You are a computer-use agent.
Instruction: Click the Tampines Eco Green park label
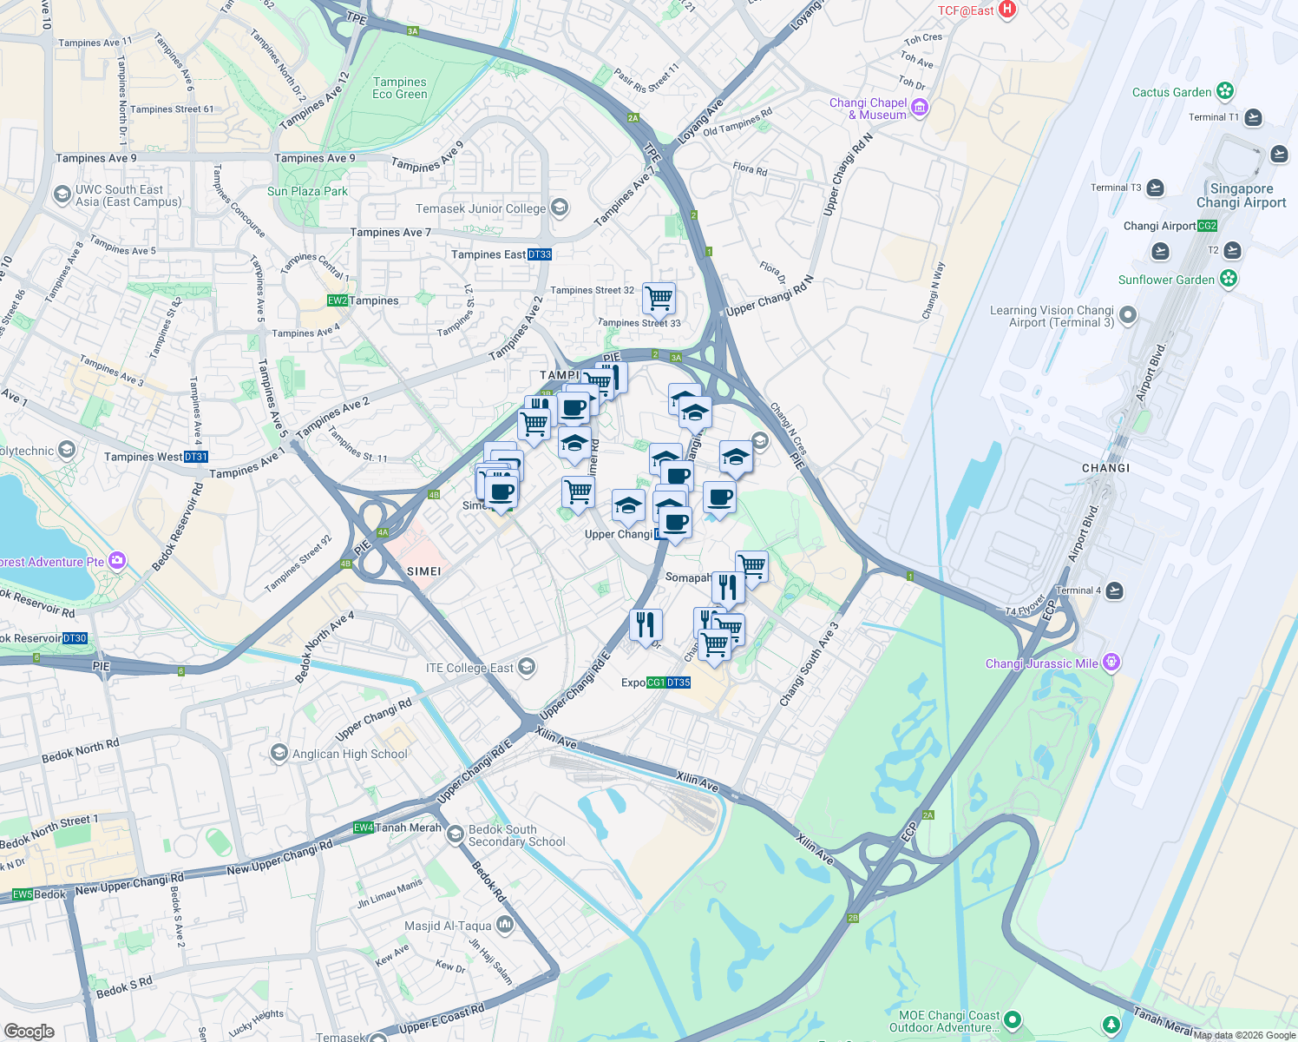pos(399,88)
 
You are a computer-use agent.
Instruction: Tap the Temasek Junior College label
pos(481,208)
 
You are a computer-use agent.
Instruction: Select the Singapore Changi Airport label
pos(1241,195)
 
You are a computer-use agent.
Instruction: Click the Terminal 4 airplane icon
pos(1114,590)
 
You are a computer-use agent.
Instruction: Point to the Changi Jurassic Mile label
pos(1041,663)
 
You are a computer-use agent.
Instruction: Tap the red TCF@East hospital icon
pos(1006,10)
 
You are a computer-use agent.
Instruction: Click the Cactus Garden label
pos(1171,92)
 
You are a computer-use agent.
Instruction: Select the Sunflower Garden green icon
pos(1228,279)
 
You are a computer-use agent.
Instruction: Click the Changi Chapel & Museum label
pos(868,109)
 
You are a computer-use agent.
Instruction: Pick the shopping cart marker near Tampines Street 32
pos(659,298)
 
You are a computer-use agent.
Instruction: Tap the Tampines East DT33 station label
pos(501,254)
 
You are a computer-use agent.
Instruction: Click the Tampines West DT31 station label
pos(155,457)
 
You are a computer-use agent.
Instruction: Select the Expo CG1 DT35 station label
pos(655,683)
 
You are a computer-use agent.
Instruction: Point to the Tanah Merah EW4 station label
pos(398,828)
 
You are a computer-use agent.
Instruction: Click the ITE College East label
pos(469,668)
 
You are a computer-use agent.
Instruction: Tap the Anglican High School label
pos(349,754)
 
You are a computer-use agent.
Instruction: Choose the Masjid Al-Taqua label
pos(448,926)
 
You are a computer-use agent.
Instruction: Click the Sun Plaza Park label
pos(307,191)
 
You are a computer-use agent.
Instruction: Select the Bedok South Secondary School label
pos(516,835)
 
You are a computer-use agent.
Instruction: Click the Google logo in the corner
pos(29,1031)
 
